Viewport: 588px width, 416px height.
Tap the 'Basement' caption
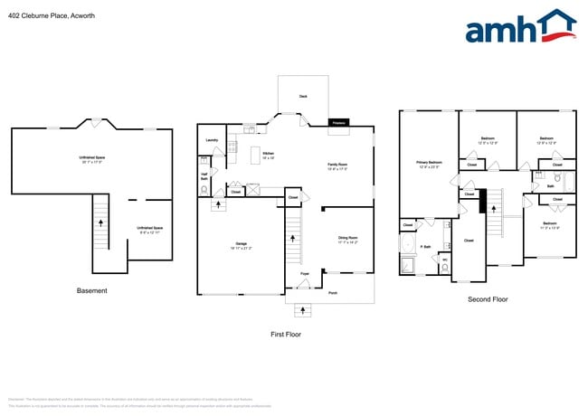91,290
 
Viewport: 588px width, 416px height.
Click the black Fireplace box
339,121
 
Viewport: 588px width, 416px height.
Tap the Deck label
303,96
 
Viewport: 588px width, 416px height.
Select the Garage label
242,243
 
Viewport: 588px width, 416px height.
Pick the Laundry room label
212,140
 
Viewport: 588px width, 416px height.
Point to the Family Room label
337,165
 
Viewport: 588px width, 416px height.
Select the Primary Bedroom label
429,164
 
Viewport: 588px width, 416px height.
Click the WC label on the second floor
444,260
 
